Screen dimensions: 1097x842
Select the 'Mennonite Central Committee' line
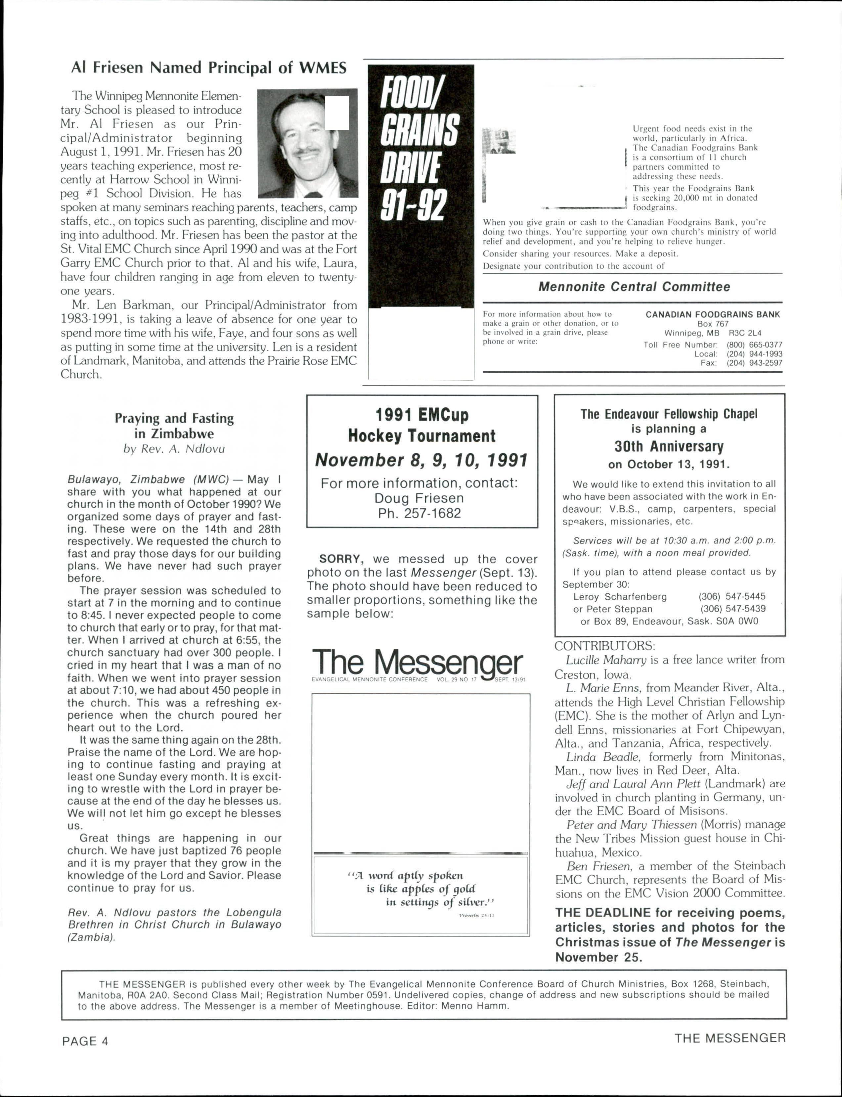coord(634,287)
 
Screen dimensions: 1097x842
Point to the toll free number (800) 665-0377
coord(754,345)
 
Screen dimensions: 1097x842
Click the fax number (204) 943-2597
coord(754,363)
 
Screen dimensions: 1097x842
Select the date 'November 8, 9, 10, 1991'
coord(421,460)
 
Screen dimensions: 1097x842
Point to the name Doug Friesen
coord(419,498)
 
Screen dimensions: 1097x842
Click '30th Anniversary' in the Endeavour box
coord(669,447)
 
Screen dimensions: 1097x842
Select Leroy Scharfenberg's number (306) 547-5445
coord(732,597)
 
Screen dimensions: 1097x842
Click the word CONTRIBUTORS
coord(604,645)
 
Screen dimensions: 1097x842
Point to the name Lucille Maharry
coord(606,660)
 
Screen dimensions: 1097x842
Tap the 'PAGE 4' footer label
coord(85,1041)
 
